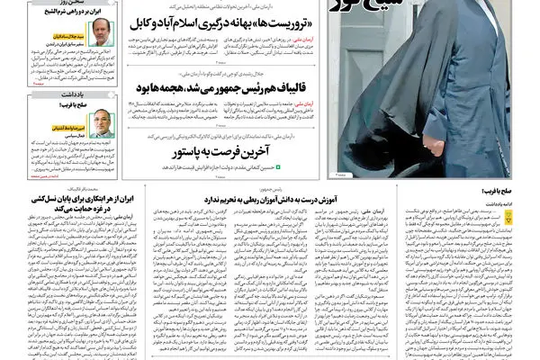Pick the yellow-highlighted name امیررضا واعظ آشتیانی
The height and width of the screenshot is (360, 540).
coord(66,116)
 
